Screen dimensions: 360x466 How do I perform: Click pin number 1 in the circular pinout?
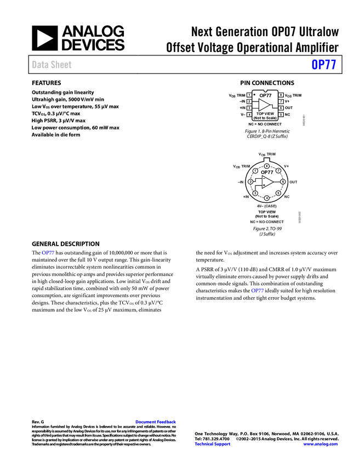[x=255, y=171]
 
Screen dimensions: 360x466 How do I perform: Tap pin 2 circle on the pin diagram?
[x=250, y=182]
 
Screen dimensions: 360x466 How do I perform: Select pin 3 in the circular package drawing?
[x=255, y=193]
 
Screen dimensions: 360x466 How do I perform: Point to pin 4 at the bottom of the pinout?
[x=267, y=198]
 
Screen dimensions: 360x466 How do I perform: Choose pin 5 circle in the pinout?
[x=278, y=193]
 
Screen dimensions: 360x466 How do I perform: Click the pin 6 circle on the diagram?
[x=283, y=181]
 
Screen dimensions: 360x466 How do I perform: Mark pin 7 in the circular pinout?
[x=278, y=171]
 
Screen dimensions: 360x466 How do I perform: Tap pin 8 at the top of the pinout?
[x=267, y=166]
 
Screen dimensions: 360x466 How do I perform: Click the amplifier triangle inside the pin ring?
[x=267, y=181]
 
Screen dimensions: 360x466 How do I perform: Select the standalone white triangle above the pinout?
[x=264, y=105]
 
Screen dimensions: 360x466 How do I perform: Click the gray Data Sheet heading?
[x=52, y=65]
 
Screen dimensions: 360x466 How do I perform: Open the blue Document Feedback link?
[x=156, y=422]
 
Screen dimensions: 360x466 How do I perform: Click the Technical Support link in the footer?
[x=213, y=444]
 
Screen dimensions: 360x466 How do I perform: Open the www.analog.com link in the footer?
[x=321, y=444]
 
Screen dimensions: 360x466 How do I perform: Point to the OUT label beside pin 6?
[x=294, y=181]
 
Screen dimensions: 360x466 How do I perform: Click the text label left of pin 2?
[x=241, y=182]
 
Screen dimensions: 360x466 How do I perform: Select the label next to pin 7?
[x=287, y=166]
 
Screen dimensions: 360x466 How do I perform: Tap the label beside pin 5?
[x=288, y=196]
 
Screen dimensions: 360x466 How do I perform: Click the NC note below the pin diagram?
[x=267, y=222]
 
